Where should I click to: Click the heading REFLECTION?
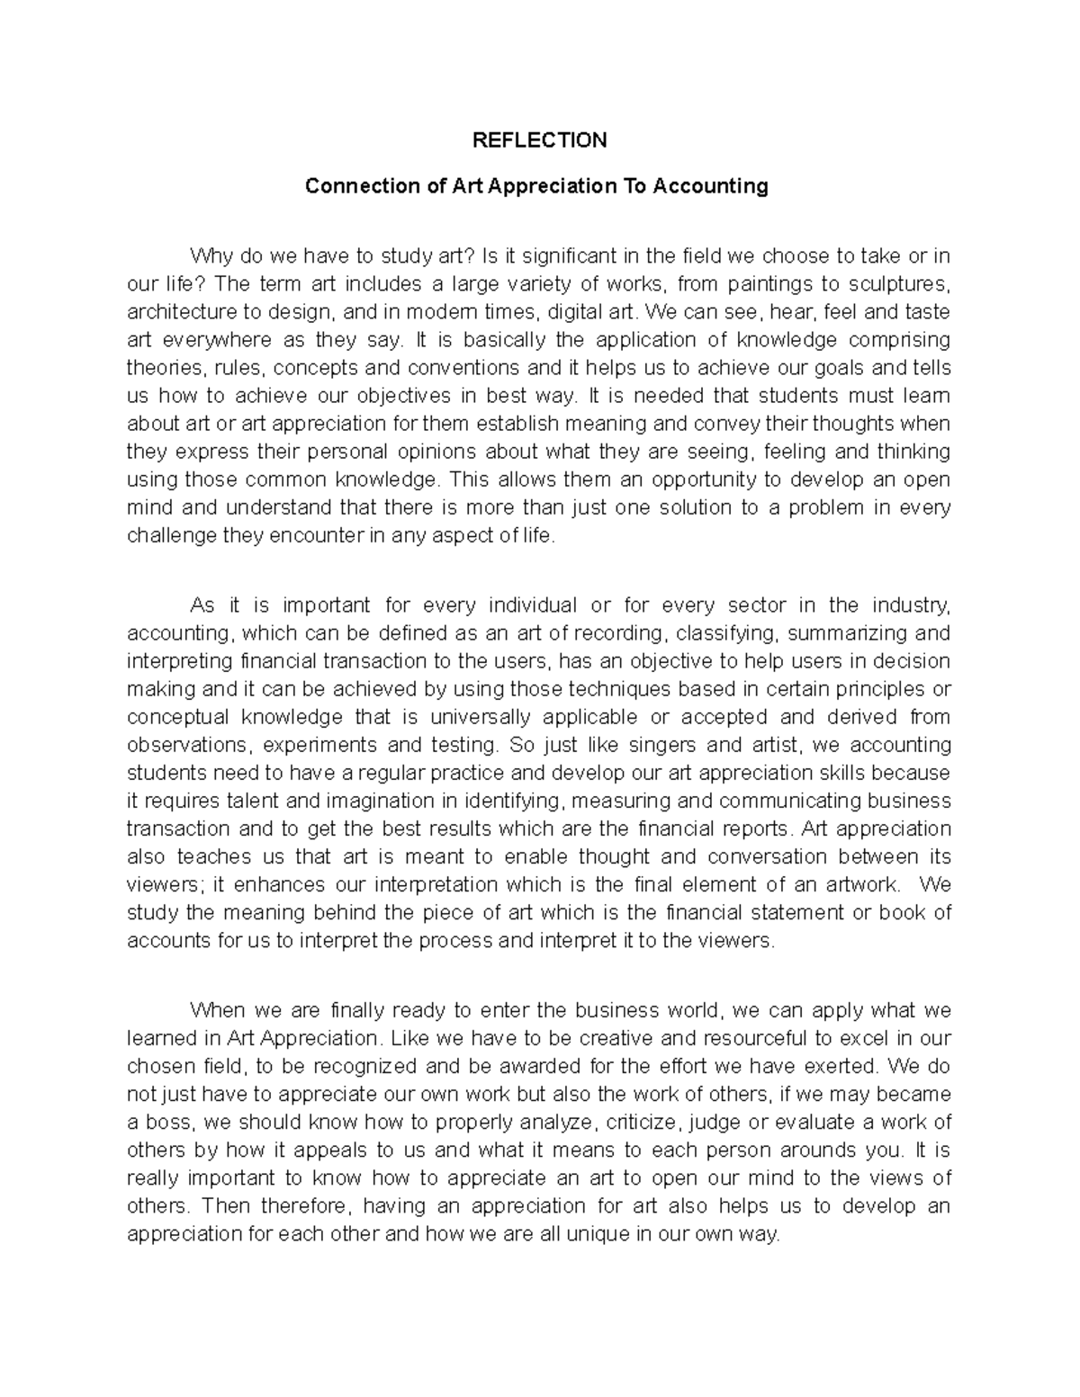click(x=541, y=140)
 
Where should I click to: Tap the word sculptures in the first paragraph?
click(x=904, y=284)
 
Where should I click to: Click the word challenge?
click(x=172, y=536)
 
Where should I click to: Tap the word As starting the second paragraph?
click(x=202, y=605)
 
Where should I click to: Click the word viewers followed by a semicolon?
click(x=164, y=884)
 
